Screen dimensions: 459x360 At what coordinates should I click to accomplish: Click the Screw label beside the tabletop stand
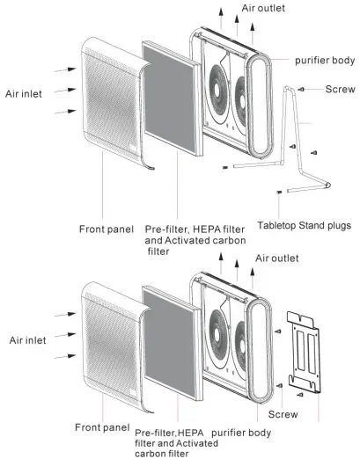pos(340,90)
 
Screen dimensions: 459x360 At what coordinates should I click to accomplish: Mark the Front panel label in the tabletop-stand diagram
pos(104,229)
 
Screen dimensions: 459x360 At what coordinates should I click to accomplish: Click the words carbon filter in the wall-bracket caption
pos(167,455)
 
